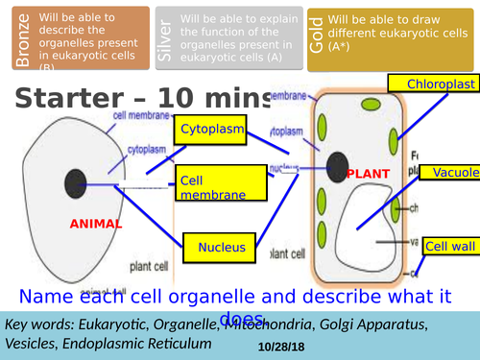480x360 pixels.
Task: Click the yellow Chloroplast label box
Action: [x=442, y=85]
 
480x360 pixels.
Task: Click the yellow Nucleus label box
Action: [x=222, y=248]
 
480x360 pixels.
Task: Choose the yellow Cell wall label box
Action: [x=450, y=247]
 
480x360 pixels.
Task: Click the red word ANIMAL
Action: [x=96, y=224]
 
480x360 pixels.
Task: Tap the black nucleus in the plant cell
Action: [x=338, y=166]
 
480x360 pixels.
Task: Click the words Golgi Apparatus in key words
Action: [x=371, y=324]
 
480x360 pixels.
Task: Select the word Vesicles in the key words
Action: [x=33, y=343]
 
